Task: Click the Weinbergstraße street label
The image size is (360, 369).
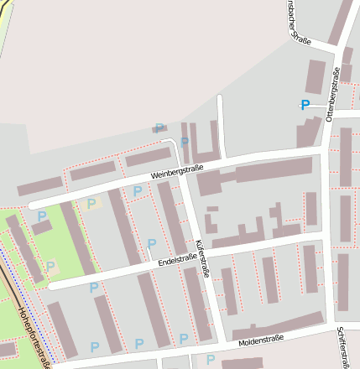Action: click(177, 174)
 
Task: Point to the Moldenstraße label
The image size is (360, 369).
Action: click(261, 340)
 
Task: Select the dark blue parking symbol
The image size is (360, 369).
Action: click(305, 105)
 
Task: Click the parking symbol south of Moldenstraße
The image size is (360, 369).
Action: click(211, 360)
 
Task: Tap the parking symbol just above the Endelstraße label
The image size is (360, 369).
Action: click(152, 244)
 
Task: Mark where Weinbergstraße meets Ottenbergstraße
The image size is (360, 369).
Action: click(324, 149)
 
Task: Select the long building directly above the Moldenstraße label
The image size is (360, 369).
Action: click(278, 325)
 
